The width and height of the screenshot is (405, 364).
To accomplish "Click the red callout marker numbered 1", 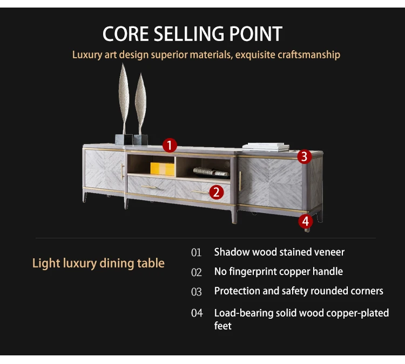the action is coord(170,145).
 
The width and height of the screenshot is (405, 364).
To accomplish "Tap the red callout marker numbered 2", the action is coord(216,191).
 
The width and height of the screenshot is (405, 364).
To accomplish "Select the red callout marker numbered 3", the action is coord(304,156).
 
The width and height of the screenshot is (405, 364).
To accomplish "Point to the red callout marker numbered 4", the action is coord(306,221).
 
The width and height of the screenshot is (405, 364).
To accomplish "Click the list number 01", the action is coord(196,252).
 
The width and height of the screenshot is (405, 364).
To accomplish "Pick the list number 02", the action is coord(196,272).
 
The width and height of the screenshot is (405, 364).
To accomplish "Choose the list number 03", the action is coord(196,292).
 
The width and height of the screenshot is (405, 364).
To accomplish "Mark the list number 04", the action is coord(196,313).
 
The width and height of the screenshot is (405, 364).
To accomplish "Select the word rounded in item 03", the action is coord(325,291).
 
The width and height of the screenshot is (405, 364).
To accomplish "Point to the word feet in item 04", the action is coord(223,326).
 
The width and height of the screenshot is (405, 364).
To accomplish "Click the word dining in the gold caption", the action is coord(117,264).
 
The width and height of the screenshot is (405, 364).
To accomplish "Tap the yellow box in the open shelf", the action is coord(163,169).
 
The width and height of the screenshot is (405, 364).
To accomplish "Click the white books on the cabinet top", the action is coord(266,146).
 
